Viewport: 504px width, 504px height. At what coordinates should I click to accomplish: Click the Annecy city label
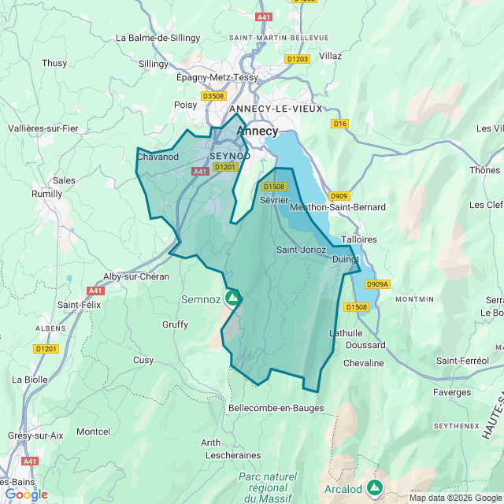257,132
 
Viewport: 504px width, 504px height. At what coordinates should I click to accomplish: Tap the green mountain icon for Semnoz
232,298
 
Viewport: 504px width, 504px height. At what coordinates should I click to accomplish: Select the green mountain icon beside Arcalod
375,488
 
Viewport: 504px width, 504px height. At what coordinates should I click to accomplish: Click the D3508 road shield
213,96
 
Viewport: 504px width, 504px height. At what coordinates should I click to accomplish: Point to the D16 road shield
339,124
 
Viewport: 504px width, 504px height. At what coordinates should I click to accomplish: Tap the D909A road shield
378,284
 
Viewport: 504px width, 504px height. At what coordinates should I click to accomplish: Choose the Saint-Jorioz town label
301,250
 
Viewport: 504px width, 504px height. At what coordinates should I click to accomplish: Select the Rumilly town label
46,194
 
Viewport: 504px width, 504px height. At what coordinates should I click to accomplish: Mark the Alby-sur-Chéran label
136,276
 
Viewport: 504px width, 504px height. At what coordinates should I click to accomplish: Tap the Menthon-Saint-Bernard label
338,207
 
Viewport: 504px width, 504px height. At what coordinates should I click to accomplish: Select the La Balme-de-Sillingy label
153,37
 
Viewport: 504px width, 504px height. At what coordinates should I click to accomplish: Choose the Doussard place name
365,345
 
